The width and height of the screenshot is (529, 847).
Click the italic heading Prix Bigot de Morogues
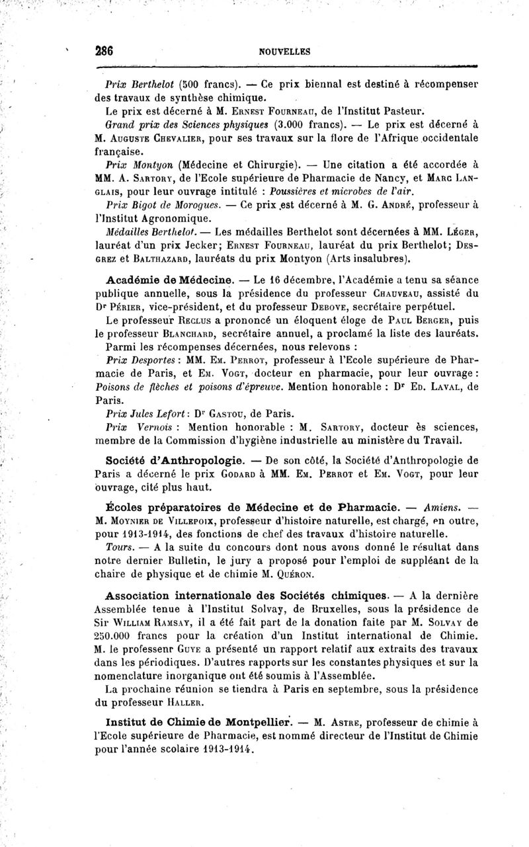[x=151, y=206]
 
